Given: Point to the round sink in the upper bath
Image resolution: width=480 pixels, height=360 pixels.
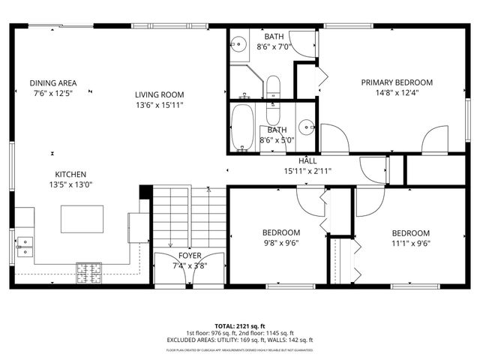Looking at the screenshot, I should click(x=238, y=43).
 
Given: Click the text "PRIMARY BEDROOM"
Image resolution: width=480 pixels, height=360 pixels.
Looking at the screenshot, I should click(x=397, y=82).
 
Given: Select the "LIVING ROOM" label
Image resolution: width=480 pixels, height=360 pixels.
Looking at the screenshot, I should click(x=159, y=94).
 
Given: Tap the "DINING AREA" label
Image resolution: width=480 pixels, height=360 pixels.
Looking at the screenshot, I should click(x=53, y=82).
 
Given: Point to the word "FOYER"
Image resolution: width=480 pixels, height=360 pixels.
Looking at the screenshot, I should click(x=179, y=254).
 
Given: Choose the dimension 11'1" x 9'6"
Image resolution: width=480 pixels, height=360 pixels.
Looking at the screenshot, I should click(x=411, y=242).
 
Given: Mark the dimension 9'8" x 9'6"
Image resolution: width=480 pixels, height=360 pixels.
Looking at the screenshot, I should click(x=281, y=242).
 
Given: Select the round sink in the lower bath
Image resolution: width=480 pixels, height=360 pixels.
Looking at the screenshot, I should click(x=307, y=126).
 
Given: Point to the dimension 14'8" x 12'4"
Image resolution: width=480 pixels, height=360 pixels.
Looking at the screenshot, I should click(x=397, y=93).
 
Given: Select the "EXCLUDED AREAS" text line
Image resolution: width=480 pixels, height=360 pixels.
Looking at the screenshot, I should click(x=239, y=340).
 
